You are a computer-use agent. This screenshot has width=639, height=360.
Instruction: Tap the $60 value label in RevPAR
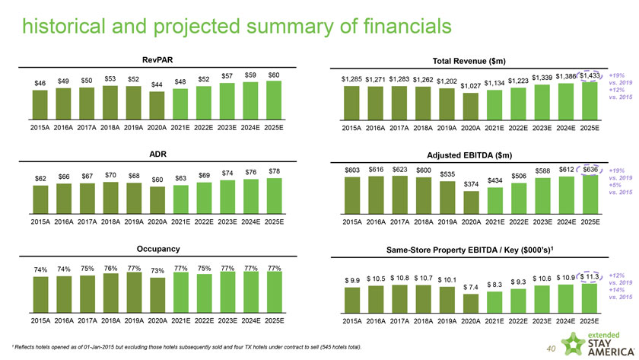(x=274, y=74)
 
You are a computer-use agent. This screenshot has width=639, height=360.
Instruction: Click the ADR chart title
(x=157, y=155)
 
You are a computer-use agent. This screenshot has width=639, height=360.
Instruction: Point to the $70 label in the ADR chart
(x=110, y=175)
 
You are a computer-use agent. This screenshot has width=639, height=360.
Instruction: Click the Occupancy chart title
(x=157, y=249)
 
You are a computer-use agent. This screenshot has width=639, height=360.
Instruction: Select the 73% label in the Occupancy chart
(x=157, y=270)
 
